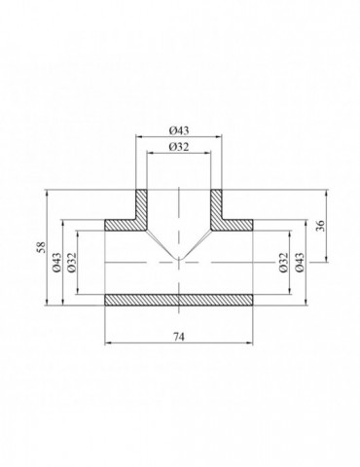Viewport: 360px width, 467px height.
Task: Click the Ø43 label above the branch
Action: (180, 129)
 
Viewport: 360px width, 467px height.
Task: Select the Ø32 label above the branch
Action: (180, 146)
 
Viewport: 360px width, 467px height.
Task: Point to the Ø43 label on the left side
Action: (57, 262)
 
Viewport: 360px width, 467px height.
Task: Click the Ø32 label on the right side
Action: (283, 262)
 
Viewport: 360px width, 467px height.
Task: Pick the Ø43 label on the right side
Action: (301, 262)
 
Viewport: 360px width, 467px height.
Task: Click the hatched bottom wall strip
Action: (180, 299)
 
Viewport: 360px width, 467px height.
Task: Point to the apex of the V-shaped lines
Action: (180, 261)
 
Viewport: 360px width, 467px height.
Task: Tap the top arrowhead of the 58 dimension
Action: (46, 191)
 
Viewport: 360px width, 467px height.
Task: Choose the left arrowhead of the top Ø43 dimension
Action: (136, 136)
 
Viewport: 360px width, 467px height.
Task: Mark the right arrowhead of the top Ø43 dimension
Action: (225, 136)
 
